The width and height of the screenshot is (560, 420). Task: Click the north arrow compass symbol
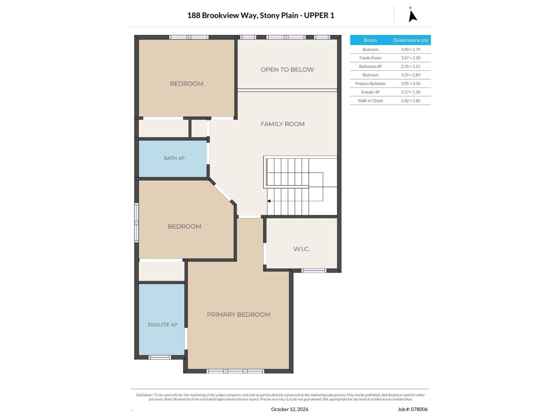pos(413,15)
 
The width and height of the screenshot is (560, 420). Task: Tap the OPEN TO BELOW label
pos(287,70)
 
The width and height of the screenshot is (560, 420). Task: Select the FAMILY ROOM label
pos(282,124)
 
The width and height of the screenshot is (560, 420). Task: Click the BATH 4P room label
pos(174,158)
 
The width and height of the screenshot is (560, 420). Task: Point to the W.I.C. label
pos(302,249)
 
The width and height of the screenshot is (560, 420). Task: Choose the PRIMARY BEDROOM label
pos(238,314)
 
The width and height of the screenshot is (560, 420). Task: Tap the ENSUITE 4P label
pos(163,325)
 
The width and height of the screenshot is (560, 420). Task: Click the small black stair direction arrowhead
pos(269,201)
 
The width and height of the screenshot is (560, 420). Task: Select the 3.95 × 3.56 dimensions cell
pos(411,83)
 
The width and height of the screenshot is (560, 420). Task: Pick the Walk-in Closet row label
pos(370,100)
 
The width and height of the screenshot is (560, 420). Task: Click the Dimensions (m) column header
pos(411,40)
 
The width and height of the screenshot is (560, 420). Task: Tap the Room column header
pos(370,40)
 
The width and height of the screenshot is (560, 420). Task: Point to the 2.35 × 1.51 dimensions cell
pos(411,66)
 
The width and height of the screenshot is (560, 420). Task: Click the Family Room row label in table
pos(370,58)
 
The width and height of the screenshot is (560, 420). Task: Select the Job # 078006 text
pos(413,409)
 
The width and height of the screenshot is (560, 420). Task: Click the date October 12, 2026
pos(289,409)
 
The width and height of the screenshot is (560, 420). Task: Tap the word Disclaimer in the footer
pos(145,395)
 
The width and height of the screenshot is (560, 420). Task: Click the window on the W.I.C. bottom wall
pos(314,271)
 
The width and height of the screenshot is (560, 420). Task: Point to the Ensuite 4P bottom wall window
pos(160,357)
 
